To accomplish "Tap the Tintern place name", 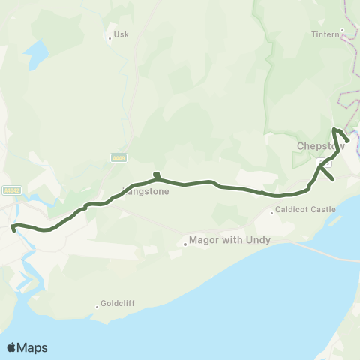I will [325, 34].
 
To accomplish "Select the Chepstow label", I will [319, 146].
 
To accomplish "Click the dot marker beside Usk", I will [109, 35].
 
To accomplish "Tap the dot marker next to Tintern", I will [342, 31].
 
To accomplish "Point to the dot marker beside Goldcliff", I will [97, 304].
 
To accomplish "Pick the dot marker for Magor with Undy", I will [184, 242].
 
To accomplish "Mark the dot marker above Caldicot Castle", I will [273, 213].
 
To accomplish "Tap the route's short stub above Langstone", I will [156, 175].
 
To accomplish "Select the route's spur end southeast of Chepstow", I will [332, 180].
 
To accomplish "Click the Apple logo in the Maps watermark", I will [12, 347].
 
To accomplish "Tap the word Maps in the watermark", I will [33, 347].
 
